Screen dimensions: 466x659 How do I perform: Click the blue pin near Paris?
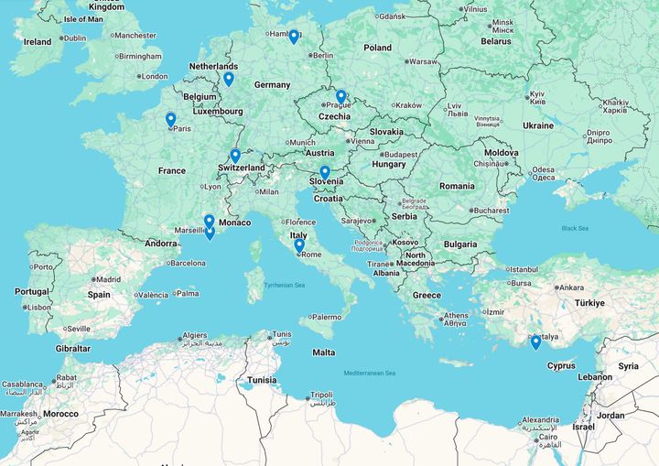170,119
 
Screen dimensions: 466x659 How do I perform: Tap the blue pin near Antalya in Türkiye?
535,342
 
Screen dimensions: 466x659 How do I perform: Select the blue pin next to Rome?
299,245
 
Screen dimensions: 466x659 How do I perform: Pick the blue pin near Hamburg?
294,37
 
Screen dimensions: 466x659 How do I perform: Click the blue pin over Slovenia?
325,172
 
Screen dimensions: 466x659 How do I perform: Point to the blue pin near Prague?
340,96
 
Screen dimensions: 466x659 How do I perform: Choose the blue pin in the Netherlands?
229,79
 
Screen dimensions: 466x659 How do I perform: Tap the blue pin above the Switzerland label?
235,156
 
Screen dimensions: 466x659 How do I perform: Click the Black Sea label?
575,228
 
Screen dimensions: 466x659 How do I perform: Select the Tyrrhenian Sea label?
284,286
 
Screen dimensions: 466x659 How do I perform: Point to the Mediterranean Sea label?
369,373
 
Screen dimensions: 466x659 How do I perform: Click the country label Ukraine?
538,125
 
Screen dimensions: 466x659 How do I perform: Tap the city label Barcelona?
188,263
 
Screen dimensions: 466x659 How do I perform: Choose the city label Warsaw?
423,62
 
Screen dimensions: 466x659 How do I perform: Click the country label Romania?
456,186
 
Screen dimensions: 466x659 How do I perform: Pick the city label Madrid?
108,280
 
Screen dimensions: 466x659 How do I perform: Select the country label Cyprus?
561,365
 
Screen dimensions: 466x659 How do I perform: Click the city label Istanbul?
524,269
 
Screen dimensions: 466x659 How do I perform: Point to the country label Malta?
323,352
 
